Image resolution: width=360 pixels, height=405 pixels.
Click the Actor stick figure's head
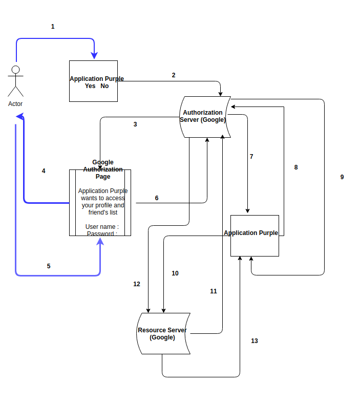[x=16, y=70]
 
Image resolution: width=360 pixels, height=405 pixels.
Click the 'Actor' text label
[x=15, y=104]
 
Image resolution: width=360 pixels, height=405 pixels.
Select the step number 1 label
[x=53, y=27]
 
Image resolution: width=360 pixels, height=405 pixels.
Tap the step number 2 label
[x=174, y=75]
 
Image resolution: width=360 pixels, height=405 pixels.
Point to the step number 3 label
[x=135, y=124]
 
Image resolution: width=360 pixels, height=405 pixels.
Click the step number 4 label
[x=44, y=171]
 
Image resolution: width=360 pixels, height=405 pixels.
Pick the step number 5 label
[x=49, y=266]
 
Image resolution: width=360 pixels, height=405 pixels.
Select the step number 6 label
[x=157, y=198]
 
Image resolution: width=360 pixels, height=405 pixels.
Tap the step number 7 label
[x=251, y=157]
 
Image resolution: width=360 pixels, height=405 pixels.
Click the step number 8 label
[x=296, y=167]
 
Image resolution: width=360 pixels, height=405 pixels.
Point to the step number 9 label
[x=342, y=177]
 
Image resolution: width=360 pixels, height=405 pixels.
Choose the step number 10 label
[x=175, y=273]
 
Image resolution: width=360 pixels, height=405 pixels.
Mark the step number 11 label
[x=214, y=291]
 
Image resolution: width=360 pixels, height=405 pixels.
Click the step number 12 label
[x=137, y=284]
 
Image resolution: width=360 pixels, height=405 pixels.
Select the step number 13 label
[x=255, y=341]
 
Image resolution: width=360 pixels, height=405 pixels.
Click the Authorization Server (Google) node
[x=204, y=117]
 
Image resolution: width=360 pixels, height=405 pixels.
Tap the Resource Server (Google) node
[x=163, y=334]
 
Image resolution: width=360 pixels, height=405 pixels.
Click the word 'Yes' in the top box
[x=90, y=86]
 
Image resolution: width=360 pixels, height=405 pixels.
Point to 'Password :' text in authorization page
[x=102, y=233]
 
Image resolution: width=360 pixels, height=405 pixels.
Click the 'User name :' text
[x=102, y=227]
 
